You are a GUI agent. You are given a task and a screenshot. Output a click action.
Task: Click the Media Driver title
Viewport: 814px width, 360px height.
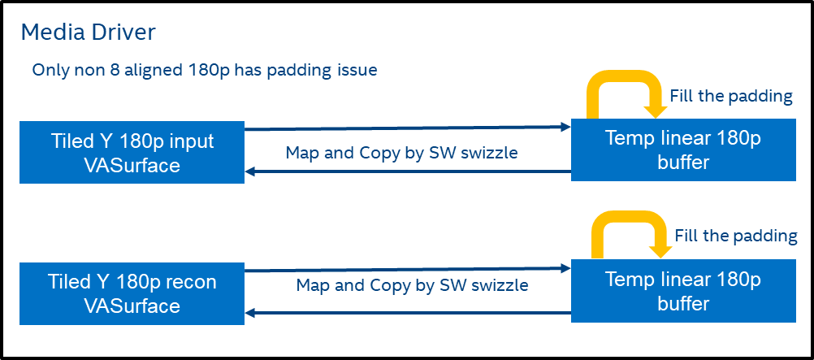(x=88, y=33)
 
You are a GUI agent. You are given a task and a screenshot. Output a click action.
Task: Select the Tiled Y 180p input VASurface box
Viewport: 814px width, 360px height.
(x=132, y=152)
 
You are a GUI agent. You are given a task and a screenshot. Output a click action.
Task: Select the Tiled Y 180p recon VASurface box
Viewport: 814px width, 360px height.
(x=132, y=293)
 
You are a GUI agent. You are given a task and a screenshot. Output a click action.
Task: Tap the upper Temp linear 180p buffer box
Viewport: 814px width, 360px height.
(x=683, y=150)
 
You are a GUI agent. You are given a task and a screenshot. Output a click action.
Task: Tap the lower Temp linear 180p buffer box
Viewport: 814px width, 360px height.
(x=683, y=292)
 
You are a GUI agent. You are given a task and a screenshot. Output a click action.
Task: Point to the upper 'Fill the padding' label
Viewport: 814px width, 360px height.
(x=730, y=96)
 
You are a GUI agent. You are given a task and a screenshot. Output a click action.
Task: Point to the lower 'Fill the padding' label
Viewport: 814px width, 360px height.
(x=736, y=236)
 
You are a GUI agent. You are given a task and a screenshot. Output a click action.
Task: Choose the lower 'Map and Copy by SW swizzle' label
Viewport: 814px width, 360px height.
(x=412, y=285)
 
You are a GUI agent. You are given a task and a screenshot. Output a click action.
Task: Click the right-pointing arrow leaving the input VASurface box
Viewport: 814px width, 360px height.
(x=406, y=128)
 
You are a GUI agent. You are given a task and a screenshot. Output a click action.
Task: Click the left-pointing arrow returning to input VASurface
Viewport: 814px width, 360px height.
(x=406, y=171)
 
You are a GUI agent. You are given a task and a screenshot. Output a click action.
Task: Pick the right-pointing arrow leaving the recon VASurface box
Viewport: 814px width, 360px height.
(x=406, y=268)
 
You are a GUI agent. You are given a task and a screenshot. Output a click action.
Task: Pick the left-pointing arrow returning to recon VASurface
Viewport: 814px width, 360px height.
(x=406, y=313)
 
